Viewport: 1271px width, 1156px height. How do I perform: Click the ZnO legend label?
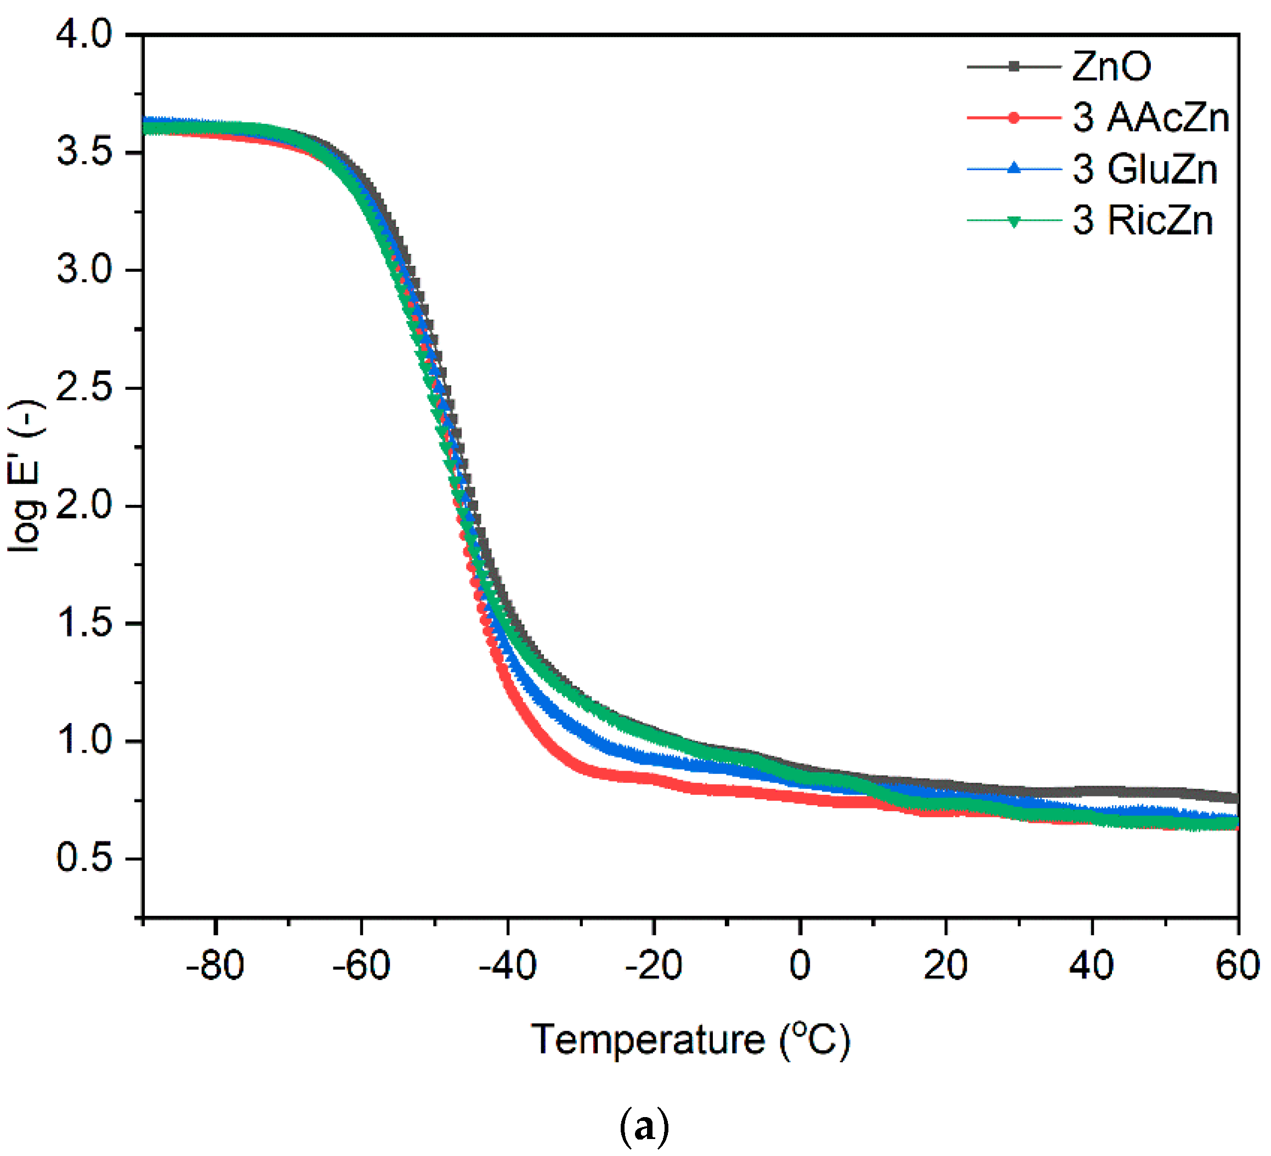click(x=1111, y=66)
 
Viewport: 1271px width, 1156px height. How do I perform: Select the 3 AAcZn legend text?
click(x=1150, y=118)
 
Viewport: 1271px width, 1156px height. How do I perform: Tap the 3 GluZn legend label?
click(x=1144, y=169)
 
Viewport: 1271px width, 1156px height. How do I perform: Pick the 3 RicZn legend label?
click(x=1142, y=220)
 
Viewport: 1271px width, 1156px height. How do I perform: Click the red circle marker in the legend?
click(x=1013, y=118)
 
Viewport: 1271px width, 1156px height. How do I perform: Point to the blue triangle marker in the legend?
click(x=1013, y=168)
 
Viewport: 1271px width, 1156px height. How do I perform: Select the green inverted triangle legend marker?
click(x=1013, y=221)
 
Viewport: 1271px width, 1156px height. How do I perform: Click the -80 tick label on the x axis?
click(x=215, y=965)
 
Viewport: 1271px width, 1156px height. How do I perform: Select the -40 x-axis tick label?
click(x=508, y=965)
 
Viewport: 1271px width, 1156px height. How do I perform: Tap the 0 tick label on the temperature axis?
click(x=799, y=965)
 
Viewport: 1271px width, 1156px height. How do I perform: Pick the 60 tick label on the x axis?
click(x=1237, y=965)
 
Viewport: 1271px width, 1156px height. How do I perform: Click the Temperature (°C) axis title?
click(x=690, y=1039)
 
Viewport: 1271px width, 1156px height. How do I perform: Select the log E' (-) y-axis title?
click(x=25, y=476)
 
